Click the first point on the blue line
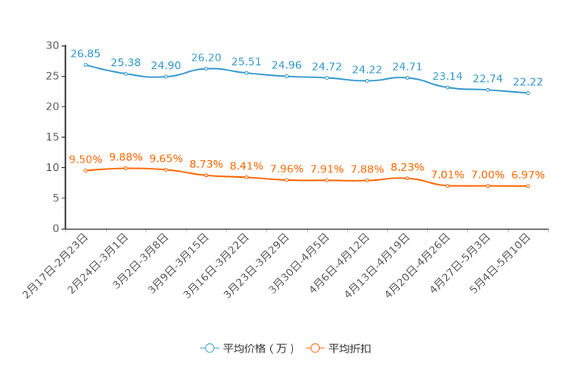(x=85, y=64)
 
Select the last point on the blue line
(x=528, y=93)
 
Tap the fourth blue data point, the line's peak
(x=206, y=69)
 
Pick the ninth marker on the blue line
(x=407, y=77)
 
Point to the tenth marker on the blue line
(x=447, y=87)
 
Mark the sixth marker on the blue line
(x=286, y=76)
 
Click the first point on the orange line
(x=85, y=170)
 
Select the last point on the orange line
(x=528, y=185)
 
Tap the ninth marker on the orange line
(x=407, y=178)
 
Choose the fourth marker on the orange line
(x=206, y=175)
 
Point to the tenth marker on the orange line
(x=447, y=185)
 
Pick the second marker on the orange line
(x=125, y=168)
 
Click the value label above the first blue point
(x=85, y=53)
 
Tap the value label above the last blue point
(x=528, y=81)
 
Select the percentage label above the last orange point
(x=528, y=174)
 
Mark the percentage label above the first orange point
(x=85, y=159)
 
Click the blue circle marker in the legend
(x=209, y=348)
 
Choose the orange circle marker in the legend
(x=314, y=348)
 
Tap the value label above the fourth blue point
(x=206, y=57)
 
